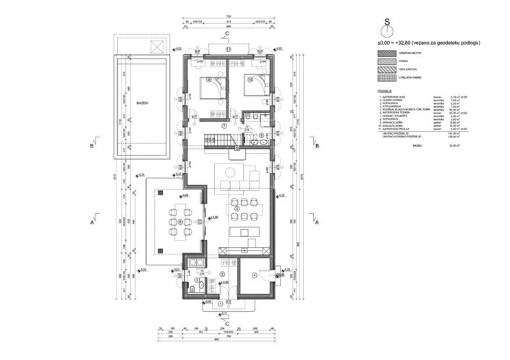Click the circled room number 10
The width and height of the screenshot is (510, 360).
[250, 80]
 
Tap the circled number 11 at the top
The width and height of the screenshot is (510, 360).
[227, 49]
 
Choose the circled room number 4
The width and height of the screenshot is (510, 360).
[253, 275]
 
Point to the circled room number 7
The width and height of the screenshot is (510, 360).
[225, 125]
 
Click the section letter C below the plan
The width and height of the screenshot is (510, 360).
[227, 323]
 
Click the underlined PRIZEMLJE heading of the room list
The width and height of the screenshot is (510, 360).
[375, 91]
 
